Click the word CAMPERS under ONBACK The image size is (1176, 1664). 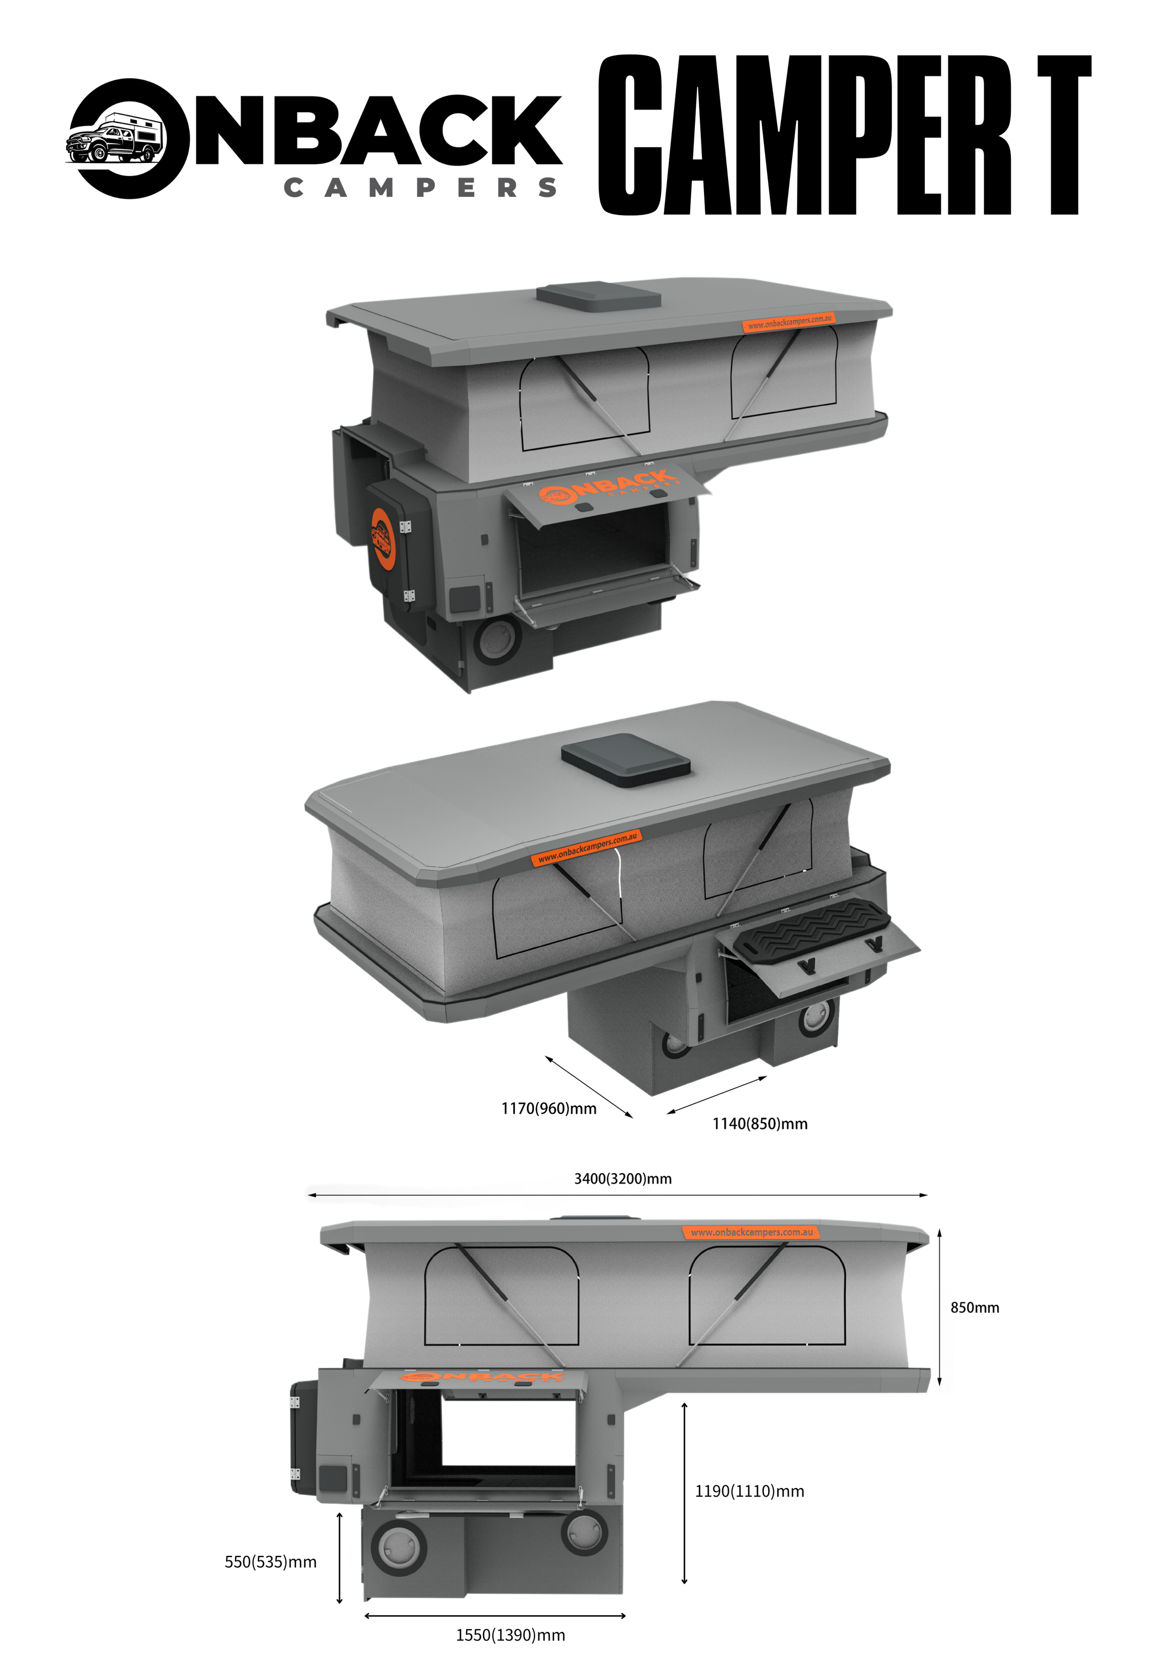point(420,188)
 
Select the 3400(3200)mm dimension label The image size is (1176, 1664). point(622,1178)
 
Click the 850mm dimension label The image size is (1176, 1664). point(974,1307)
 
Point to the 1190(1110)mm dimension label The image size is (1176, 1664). point(749,1491)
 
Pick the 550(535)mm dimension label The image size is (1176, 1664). point(270,1562)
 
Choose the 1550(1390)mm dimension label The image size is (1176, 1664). point(510,1635)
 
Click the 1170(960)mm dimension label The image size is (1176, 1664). point(548,1108)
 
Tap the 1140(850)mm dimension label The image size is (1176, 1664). point(760,1123)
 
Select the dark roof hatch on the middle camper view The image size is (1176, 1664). point(625,759)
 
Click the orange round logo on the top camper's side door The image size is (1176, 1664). point(382,538)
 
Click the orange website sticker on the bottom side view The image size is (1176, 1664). point(751,1232)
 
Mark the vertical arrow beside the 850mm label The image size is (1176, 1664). point(939,1307)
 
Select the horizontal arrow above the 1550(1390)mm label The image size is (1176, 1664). point(495,1615)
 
